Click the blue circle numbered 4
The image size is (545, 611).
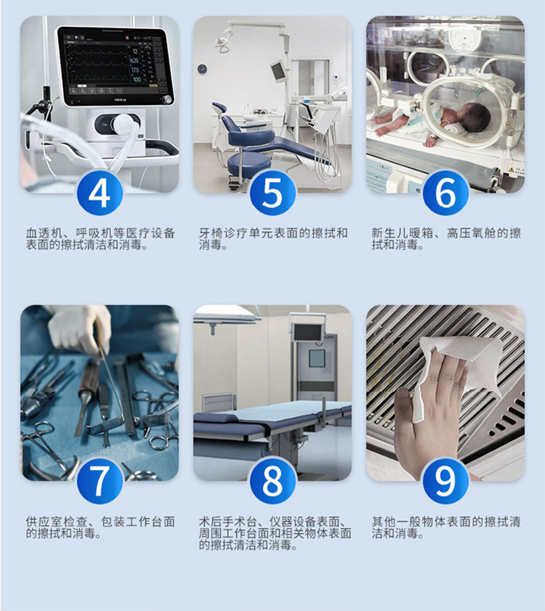click(x=100, y=193)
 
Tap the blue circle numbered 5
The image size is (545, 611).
click(x=272, y=193)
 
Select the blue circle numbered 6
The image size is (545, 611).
click(x=446, y=193)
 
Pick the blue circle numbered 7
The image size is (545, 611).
click(x=100, y=481)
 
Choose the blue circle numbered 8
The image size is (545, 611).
click(x=272, y=481)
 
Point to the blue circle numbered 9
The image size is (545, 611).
click(x=446, y=481)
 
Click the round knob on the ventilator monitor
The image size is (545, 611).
click(x=167, y=99)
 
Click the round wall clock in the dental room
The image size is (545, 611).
click(x=202, y=69)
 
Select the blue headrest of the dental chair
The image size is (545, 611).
click(x=219, y=107)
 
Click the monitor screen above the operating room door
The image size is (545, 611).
click(x=308, y=332)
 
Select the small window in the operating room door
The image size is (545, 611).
click(x=317, y=359)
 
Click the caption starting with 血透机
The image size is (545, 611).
click(x=100, y=239)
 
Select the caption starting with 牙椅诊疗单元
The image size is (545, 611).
click(x=273, y=239)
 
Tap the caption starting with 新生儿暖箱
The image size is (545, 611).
click(x=446, y=239)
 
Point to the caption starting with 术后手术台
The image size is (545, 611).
click(x=275, y=533)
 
